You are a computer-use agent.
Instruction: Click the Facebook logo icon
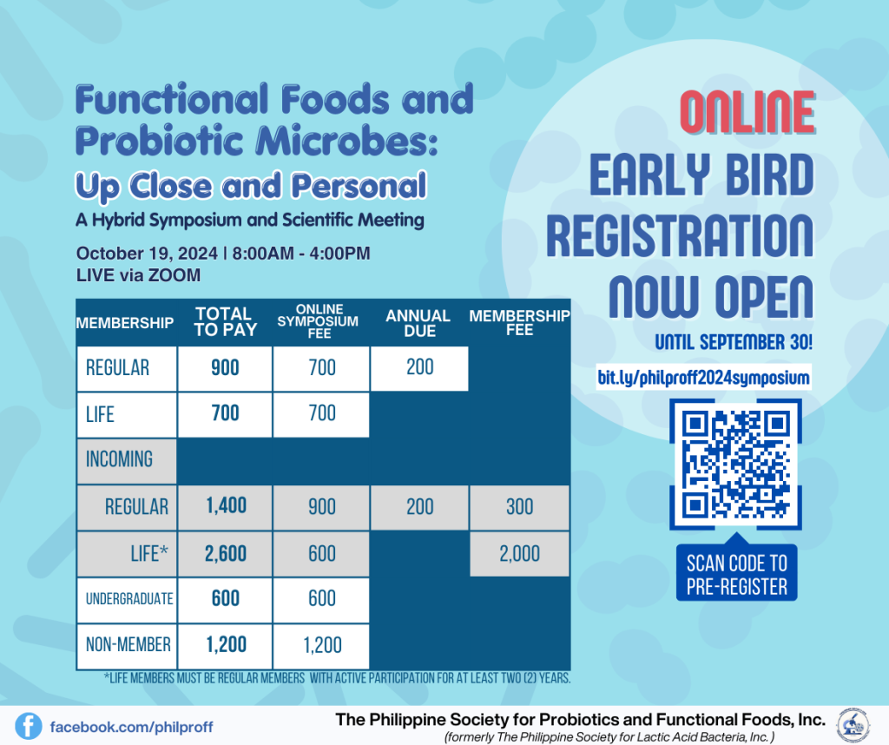coord(29,726)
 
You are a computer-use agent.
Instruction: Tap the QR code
coord(735,465)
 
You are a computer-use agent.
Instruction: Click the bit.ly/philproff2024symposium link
coord(703,378)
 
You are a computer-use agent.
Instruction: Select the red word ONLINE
coord(747,112)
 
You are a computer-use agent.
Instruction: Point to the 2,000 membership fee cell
coord(519,553)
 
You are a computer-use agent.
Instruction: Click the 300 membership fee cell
coord(519,507)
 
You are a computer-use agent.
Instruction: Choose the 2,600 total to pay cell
coord(226,553)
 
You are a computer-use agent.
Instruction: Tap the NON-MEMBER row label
coord(128,645)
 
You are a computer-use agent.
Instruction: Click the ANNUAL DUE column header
coord(418,323)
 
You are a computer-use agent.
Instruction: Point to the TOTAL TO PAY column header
coord(225,321)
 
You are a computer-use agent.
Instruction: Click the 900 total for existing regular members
coord(225,368)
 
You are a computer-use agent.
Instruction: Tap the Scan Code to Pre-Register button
coord(736,573)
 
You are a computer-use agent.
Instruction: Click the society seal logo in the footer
coord(853,725)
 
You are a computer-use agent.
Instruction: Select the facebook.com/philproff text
coord(132,727)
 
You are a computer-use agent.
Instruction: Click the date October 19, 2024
coord(147,254)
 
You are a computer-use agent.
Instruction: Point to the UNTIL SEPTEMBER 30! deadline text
coord(734,342)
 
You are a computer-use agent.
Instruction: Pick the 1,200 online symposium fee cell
coord(321,645)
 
